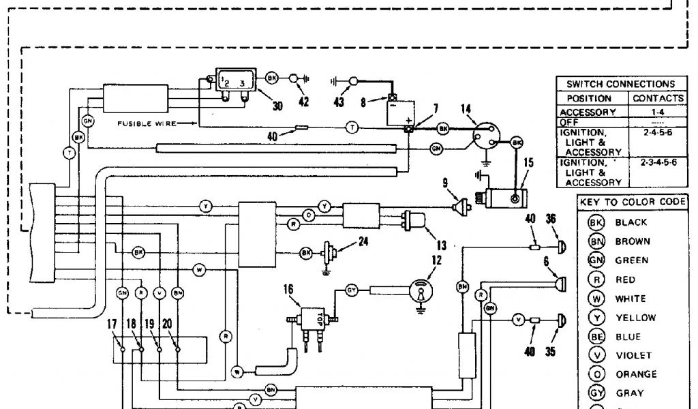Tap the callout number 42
click(303, 102)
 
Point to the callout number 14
click(466, 108)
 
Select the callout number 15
click(528, 163)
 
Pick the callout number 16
click(289, 290)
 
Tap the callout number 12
click(436, 260)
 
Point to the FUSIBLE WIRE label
click(146, 123)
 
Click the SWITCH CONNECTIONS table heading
click(620, 84)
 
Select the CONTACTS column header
click(657, 98)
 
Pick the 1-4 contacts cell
click(657, 112)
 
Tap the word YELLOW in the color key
click(635, 318)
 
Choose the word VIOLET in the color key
click(633, 355)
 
